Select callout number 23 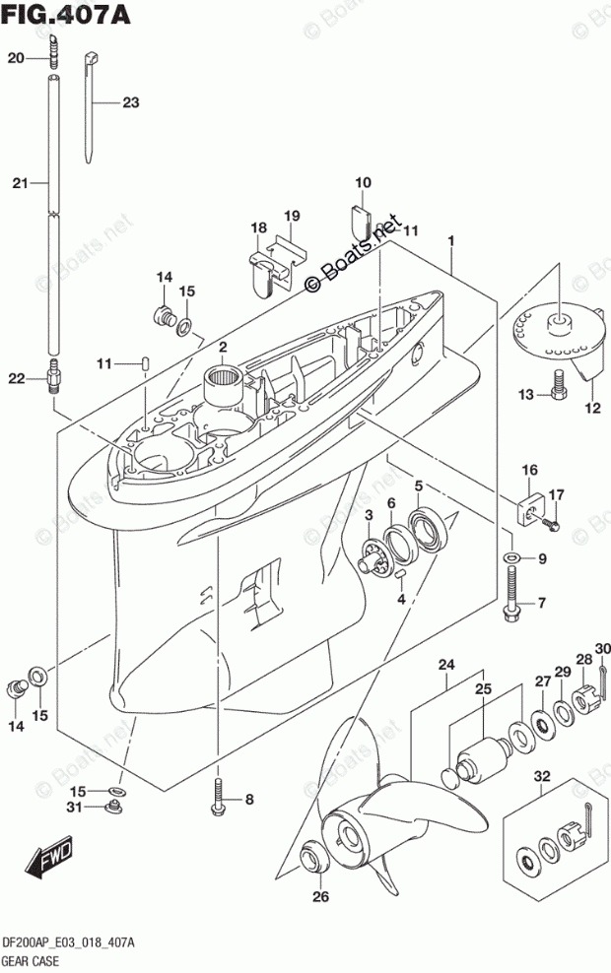(131, 102)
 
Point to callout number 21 (19, 182)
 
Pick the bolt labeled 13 (559, 387)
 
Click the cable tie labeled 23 (94, 103)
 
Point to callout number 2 (224, 346)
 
